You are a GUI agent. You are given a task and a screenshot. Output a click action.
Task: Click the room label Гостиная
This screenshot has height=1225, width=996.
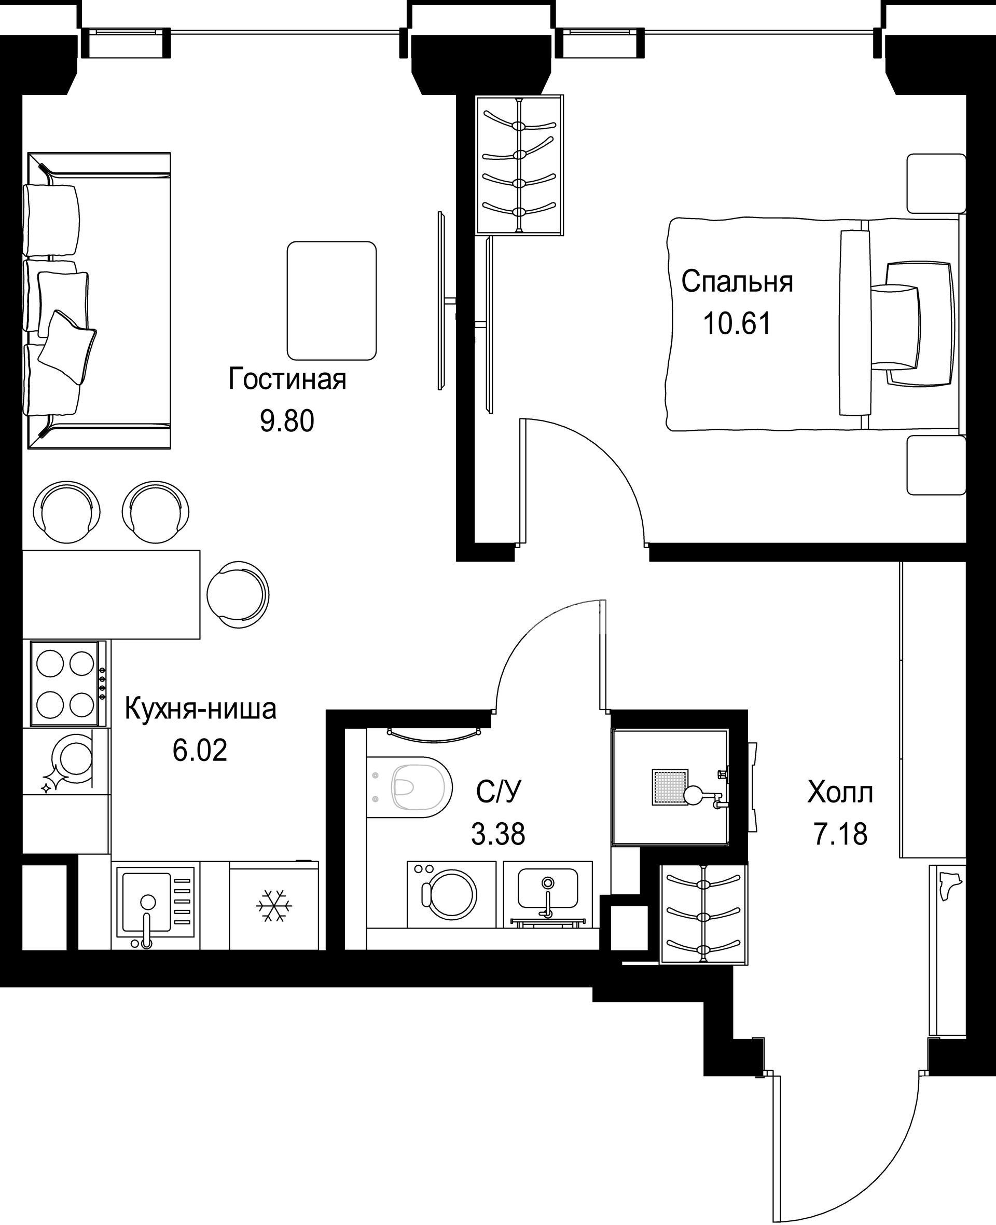pyautogui.click(x=287, y=379)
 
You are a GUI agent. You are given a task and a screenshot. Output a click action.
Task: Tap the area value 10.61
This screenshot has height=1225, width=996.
pyautogui.click(x=737, y=324)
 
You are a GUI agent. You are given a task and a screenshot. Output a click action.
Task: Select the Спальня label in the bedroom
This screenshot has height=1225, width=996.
pyautogui.click(x=737, y=282)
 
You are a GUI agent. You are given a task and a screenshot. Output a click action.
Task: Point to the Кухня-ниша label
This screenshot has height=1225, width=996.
pyautogui.click(x=201, y=710)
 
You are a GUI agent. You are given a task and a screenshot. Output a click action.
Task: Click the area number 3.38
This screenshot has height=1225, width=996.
pyautogui.click(x=498, y=834)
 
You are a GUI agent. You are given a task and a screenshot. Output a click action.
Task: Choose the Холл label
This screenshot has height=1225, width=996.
pyautogui.click(x=840, y=793)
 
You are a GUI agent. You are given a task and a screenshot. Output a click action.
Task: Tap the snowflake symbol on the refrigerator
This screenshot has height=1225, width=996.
pyautogui.click(x=274, y=906)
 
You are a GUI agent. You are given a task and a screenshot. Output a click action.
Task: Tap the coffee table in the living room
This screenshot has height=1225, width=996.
pyautogui.click(x=331, y=301)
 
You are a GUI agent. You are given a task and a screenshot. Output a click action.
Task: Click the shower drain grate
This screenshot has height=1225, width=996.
pyautogui.click(x=670, y=787)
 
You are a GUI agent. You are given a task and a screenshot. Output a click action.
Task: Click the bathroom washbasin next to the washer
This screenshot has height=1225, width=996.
pyautogui.click(x=548, y=892)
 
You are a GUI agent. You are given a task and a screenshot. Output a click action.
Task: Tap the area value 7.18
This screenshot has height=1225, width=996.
pyautogui.click(x=840, y=834)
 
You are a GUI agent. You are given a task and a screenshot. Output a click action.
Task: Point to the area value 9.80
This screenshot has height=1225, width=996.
pyautogui.click(x=287, y=422)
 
